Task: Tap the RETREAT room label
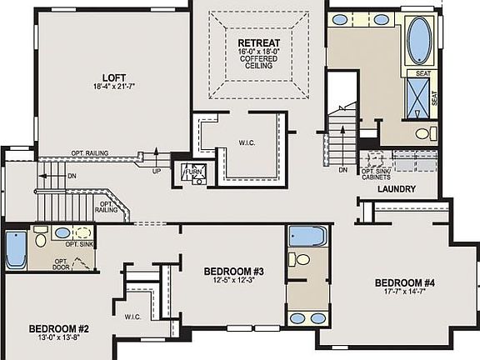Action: [258, 42]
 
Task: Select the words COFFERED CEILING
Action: [258, 64]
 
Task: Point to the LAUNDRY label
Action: [396, 189]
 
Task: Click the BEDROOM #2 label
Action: [58, 328]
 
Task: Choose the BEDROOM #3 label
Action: [234, 272]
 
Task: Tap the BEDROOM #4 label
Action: [405, 282]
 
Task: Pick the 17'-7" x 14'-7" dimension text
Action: [405, 292]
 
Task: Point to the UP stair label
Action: [156, 172]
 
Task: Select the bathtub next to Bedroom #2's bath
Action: [16, 249]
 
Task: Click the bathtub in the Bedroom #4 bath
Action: [306, 236]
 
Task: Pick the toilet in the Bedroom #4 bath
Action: [302, 260]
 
